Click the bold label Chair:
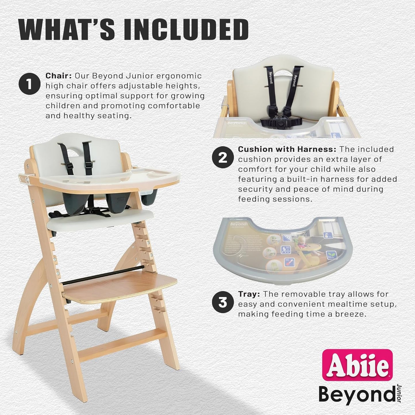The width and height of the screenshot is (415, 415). (58, 76)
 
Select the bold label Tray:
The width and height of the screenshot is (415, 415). (249, 294)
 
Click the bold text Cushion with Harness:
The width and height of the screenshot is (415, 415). (287, 149)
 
